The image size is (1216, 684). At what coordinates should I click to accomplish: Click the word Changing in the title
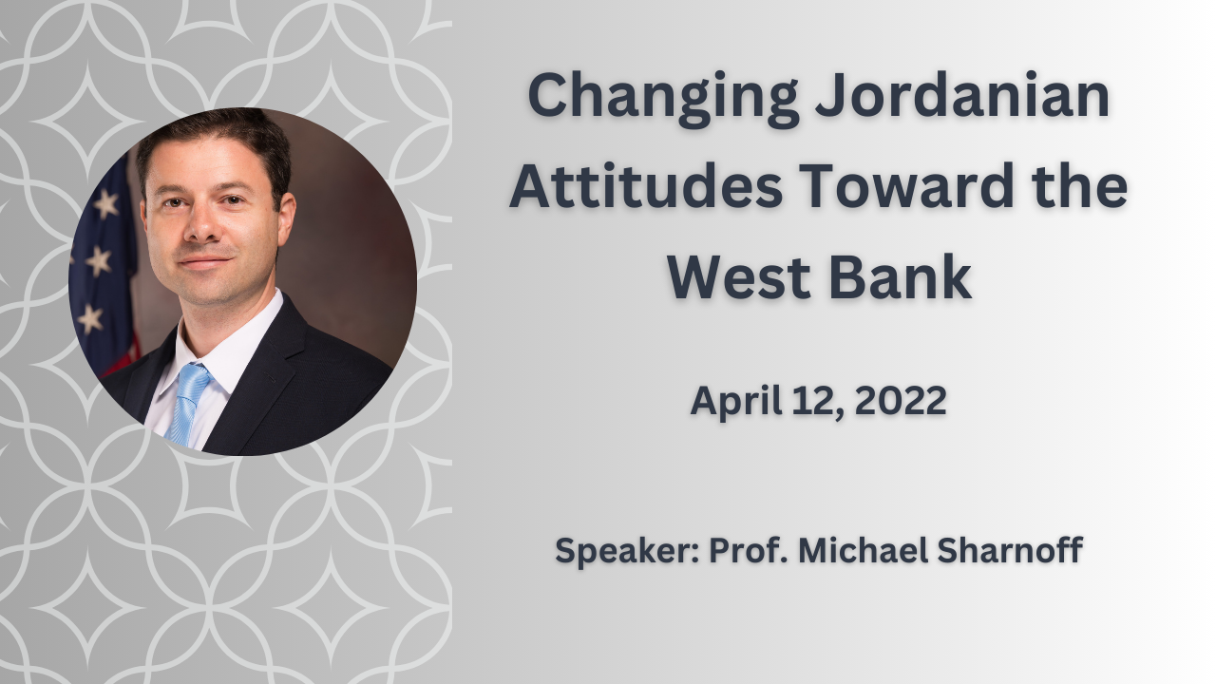pos(663,98)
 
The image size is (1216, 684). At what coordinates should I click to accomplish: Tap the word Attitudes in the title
pos(646,185)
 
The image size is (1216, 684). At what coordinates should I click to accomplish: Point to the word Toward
pos(906,185)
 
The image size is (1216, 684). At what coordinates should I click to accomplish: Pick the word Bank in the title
pos(900,275)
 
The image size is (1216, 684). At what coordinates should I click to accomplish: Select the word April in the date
pos(736,402)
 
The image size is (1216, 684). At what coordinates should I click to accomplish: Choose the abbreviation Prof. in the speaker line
pos(749,549)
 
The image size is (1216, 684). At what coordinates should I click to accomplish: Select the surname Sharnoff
pos(1010,549)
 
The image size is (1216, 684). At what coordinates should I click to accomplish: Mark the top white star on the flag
pos(105,204)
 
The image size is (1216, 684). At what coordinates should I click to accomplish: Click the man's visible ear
pos(286,219)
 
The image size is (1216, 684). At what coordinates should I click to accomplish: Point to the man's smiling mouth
pos(206,262)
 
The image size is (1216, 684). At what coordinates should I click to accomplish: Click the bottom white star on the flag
pos(90,319)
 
